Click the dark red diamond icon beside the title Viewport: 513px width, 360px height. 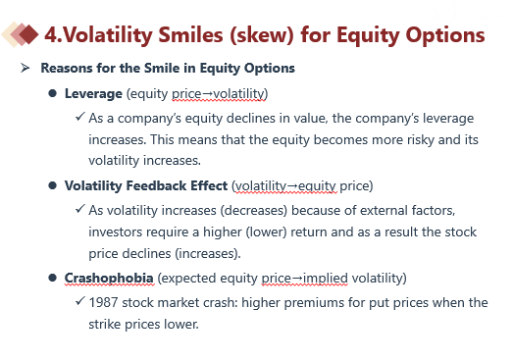pos(28,34)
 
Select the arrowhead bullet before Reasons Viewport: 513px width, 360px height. pos(25,68)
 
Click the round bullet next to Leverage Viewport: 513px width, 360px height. pos(52,93)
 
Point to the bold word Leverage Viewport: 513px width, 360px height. pos(93,94)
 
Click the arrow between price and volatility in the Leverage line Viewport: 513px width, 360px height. pos(207,94)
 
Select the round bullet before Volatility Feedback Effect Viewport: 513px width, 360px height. pos(52,185)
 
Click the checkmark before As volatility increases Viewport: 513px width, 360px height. pos(80,209)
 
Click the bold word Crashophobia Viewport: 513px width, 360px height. pos(109,279)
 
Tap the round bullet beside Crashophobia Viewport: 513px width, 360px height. pos(52,278)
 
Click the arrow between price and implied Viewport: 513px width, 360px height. pos(297,279)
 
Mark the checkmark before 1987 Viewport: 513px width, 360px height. pos(80,301)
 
